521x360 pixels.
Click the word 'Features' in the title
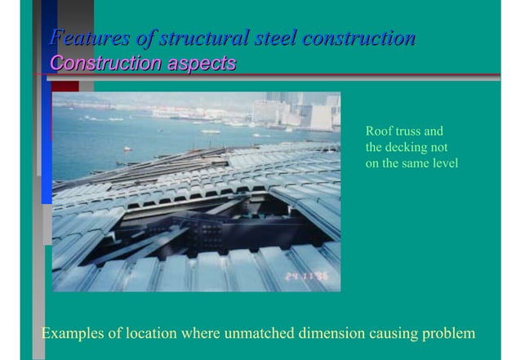tap(81, 38)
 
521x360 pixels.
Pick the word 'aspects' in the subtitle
tap(201, 63)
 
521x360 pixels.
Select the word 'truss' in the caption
tap(409, 131)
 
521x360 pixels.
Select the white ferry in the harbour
tap(210, 131)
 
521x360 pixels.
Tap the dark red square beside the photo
tap(65, 86)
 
